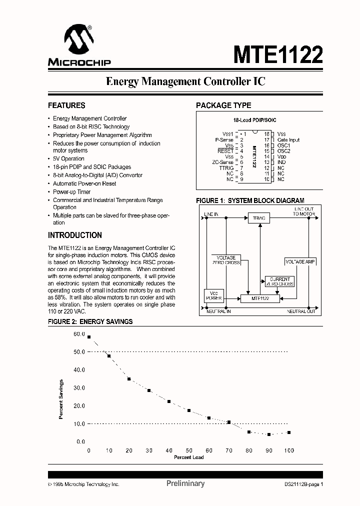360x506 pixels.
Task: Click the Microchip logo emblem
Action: tap(78, 39)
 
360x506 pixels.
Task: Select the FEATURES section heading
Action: tap(66, 105)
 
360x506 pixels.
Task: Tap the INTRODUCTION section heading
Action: tap(75, 235)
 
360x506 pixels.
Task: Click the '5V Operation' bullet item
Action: tap(68, 158)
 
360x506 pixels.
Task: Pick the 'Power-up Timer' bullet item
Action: tap(71, 191)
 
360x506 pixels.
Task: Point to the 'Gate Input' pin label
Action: tap(288, 140)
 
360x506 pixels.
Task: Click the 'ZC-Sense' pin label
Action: tap(222, 162)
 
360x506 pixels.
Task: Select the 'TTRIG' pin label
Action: tap(226, 168)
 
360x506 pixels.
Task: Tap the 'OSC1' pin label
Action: tap(283, 145)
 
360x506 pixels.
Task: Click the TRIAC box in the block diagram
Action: tap(258, 218)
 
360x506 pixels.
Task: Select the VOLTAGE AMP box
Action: tap(300, 261)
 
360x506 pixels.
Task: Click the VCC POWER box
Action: tap(214, 295)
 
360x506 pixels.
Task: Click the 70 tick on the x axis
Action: tap(229, 450)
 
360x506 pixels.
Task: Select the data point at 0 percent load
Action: tap(89, 337)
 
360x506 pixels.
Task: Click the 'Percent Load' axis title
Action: tap(188, 457)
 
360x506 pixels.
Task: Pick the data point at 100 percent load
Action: tap(289, 432)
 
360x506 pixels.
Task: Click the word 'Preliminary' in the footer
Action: tap(185, 483)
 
